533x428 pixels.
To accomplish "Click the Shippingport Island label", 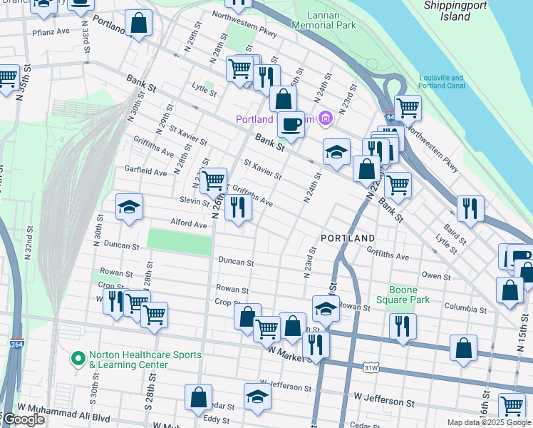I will [x=457, y=10].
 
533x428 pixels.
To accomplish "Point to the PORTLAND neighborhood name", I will [x=348, y=238].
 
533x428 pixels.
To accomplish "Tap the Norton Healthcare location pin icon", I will [x=79, y=356].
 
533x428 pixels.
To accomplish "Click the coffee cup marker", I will [x=291, y=124].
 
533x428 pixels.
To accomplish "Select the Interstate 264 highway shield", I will [x=17, y=344].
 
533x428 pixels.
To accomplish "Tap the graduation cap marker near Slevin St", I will [x=129, y=207].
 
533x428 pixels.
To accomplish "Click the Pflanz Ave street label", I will [x=51, y=31].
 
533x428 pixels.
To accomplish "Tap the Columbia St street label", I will [x=465, y=310].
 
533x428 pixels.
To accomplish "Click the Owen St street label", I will [x=436, y=275].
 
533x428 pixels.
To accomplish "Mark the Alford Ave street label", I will [x=188, y=224].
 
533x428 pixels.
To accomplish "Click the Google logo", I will [x=23, y=419].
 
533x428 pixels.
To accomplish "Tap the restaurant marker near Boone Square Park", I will [x=403, y=326].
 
